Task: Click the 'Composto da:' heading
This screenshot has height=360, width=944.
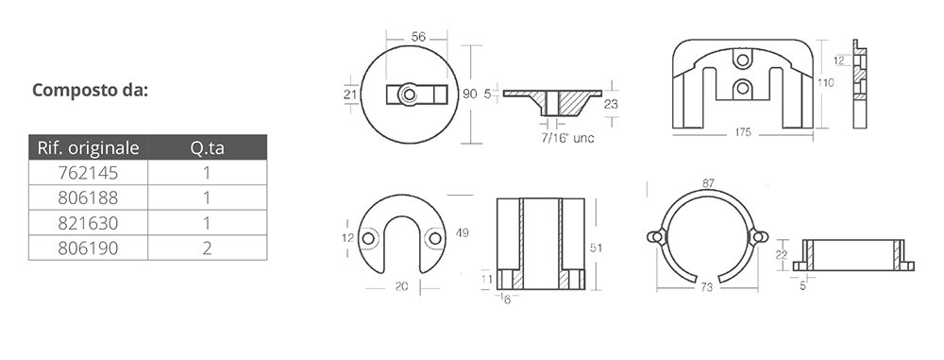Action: (90, 91)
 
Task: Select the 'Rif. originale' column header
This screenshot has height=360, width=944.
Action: (88, 147)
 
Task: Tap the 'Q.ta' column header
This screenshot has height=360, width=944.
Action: (207, 147)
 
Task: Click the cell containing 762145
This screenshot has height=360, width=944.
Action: (88, 173)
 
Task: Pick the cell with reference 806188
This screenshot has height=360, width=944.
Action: (88, 197)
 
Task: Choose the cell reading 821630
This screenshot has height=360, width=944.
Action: (88, 223)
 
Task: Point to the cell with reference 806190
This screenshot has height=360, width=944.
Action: (88, 248)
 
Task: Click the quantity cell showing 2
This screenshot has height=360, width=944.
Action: (207, 248)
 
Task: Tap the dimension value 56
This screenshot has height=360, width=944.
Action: (418, 37)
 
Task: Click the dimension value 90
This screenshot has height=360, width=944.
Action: (469, 94)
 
